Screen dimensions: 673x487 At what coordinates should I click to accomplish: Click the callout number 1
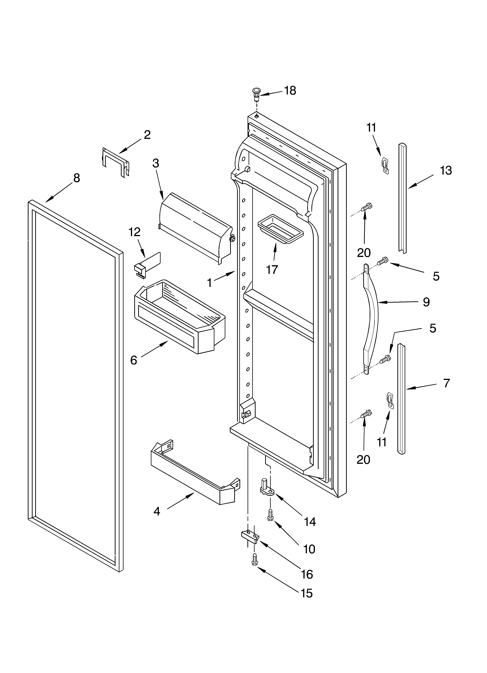coord(209,283)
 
